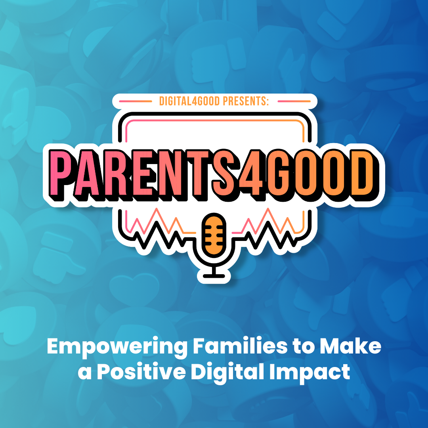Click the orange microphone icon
[214, 234]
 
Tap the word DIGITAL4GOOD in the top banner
[189, 101]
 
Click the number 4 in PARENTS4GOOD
[253, 172]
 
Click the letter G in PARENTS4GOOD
[279, 172]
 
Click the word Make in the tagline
[350, 346]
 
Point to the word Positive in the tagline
[141, 371]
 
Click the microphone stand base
[214, 276]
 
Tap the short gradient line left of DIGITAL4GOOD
[136, 101]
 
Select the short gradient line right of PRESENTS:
[294, 101]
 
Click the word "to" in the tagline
[304, 346]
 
